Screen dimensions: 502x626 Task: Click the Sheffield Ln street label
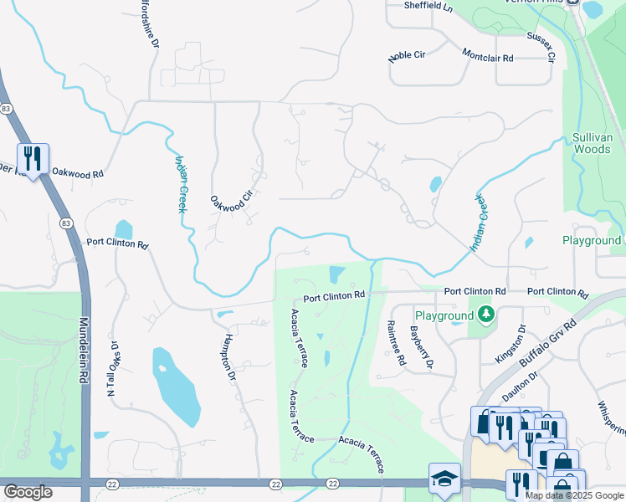click(x=428, y=6)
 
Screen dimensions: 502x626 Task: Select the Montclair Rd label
click(x=487, y=54)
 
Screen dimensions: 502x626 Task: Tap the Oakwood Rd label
click(x=77, y=173)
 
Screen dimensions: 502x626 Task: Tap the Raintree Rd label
click(x=396, y=344)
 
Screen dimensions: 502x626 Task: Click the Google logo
click(x=28, y=492)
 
